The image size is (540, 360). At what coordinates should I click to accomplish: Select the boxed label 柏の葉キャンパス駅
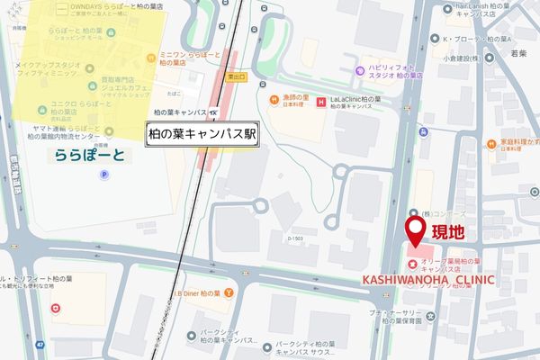tap(204, 132)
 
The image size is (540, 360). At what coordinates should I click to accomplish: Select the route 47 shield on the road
tap(39, 345)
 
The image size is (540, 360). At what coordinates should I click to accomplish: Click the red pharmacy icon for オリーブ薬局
tap(410, 265)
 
